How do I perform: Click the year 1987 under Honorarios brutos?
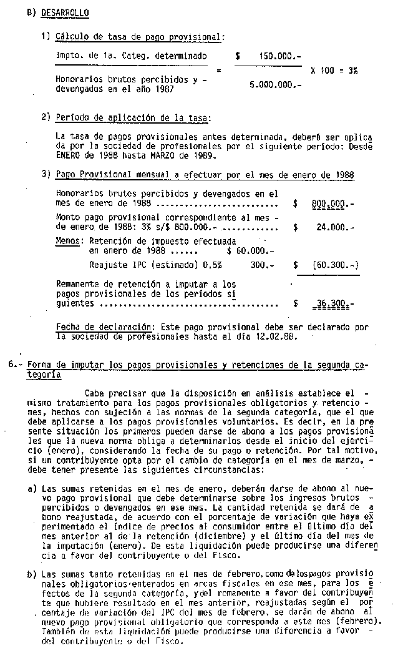click(x=162, y=89)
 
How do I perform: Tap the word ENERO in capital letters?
click(x=69, y=155)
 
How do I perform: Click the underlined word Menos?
click(x=67, y=240)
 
